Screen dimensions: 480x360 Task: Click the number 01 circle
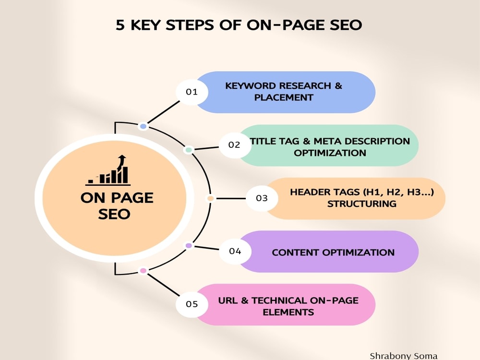tap(192, 92)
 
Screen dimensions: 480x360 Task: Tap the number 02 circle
tap(235, 145)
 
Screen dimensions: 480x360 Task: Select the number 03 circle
tap(262, 198)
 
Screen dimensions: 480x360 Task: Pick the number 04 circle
tap(235, 252)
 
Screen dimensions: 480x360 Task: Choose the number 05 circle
tap(192, 304)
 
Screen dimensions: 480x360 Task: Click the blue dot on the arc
tap(143, 126)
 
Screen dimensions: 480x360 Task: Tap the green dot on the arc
tap(189, 150)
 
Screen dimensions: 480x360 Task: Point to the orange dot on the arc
tap(210, 198)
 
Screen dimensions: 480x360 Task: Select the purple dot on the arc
tap(189, 245)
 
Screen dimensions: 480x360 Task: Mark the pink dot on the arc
tap(143, 271)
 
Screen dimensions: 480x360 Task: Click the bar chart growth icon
tap(108, 170)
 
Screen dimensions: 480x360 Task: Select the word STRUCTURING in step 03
tap(362, 204)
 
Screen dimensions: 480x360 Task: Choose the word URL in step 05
tap(228, 300)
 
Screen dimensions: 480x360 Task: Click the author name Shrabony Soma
tap(404, 356)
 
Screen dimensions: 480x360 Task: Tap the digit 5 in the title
tap(120, 25)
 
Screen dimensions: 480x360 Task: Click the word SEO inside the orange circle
tap(114, 214)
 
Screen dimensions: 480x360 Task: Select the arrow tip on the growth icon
tap(122, 156)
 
